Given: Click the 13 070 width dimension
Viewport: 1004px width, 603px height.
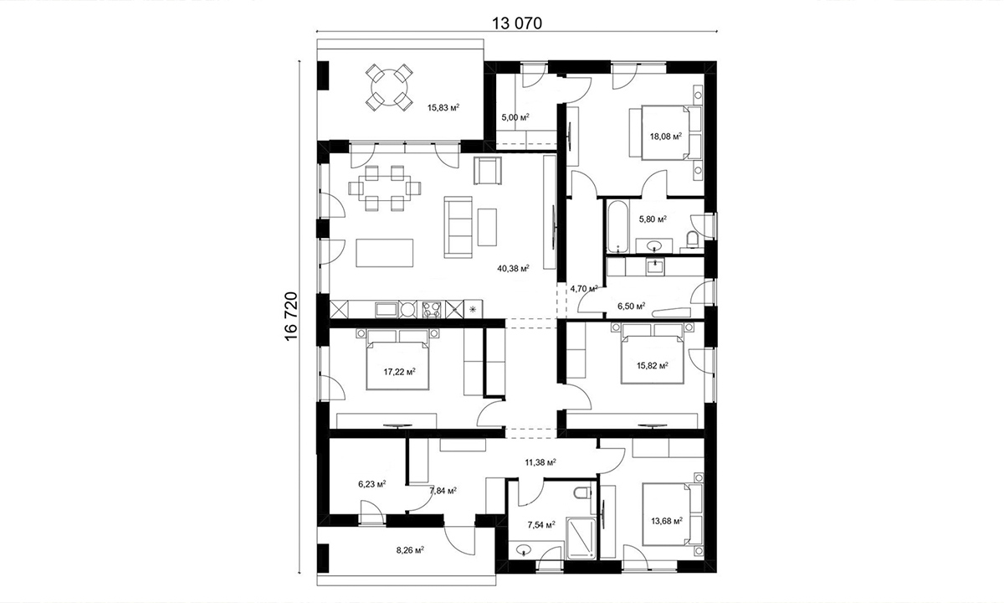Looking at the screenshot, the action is coord(517,23).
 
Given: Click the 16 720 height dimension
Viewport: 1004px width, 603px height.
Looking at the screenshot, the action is coord(291,317).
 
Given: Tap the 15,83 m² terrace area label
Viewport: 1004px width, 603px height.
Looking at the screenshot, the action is coord(443,108).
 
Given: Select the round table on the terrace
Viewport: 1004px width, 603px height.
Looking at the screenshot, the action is coord(389,87).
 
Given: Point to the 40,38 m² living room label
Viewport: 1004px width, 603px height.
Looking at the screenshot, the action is coord(513,269).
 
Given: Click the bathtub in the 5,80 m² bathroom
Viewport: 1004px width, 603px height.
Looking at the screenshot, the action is coord(618,227).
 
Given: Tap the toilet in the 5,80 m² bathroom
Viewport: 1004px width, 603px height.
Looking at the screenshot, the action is coord(693,239).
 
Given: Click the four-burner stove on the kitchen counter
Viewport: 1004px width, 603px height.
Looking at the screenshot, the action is coord(432,310).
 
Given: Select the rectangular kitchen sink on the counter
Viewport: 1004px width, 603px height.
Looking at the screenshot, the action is coord(387,310).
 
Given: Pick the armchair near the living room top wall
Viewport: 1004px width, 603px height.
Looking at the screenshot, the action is coord(487,171).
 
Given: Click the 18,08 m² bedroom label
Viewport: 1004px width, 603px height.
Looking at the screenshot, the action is coord(666,136).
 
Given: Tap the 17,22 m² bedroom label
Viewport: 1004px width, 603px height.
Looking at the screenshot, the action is coord(399,372).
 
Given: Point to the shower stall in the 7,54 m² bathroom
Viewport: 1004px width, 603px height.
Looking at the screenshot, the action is coord(581,538).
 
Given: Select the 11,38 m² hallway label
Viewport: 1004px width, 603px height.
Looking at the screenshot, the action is coord(540,461).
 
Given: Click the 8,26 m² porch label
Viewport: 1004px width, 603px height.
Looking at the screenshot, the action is coord(410,549).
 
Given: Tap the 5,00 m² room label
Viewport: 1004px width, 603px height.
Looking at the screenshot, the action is coord(515,117).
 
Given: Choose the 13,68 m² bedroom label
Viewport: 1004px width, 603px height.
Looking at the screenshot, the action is coord(667,521).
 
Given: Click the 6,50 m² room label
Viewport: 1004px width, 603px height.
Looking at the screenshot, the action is coord(632,306).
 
